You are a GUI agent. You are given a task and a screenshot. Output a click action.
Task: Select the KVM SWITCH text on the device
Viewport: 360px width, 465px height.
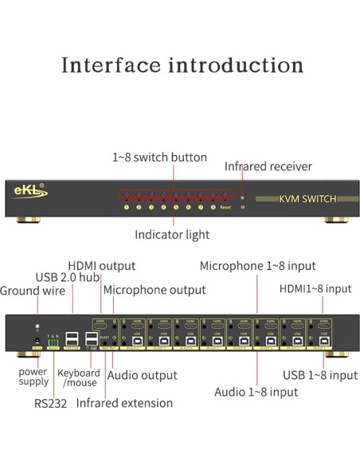pos(308,198)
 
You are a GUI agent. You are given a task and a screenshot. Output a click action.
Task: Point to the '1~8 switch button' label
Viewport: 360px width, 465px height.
pos(159,158)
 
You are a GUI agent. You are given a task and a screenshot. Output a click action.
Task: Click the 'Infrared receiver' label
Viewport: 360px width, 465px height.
pos(268,166)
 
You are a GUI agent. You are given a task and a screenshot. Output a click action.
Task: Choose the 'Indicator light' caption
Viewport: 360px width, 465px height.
pos(172,235)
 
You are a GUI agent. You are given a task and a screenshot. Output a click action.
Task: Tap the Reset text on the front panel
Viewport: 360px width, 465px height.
pos(225,207)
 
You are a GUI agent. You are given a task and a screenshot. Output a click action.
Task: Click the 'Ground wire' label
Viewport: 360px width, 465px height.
pos(31,290)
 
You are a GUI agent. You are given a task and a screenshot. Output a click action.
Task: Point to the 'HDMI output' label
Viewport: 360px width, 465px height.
pos(101,265)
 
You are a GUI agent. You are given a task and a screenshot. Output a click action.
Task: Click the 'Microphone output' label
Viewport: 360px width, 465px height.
pos(155,290)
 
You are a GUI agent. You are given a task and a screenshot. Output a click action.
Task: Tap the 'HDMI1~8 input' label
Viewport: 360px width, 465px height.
pos(315,288)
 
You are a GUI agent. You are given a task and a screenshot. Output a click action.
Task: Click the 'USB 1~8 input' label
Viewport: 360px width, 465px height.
pos(320,375)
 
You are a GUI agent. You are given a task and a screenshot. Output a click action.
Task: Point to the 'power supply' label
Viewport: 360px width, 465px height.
pos(33,376)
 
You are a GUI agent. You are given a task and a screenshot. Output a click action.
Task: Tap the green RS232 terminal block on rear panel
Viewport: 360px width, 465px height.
pos(53,344)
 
